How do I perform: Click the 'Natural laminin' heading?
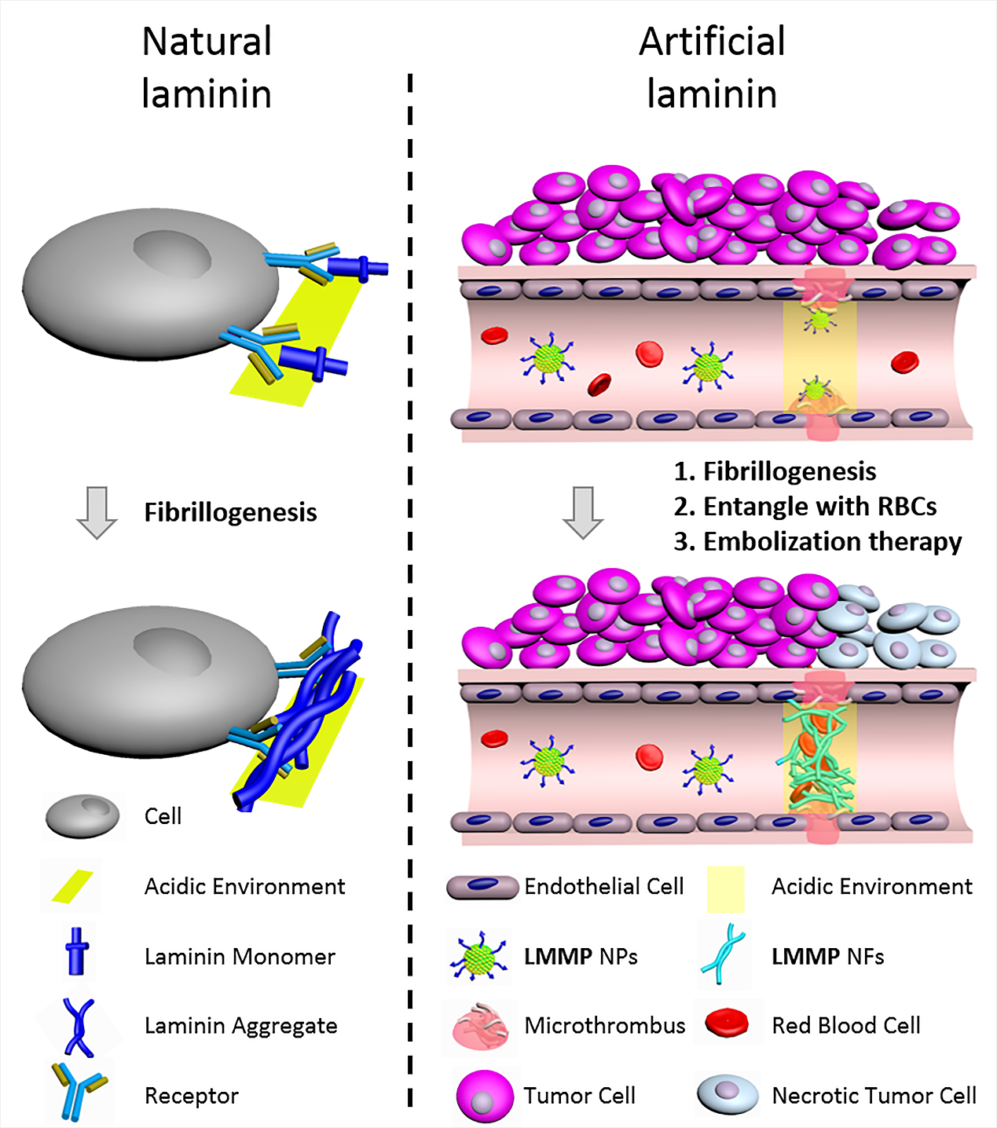207,68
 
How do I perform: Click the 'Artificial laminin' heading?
712,68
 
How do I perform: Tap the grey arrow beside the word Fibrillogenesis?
97,512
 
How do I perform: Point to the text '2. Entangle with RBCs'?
805,507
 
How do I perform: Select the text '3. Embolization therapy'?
817,542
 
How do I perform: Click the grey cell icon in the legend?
82,816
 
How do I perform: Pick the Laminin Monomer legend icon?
77,951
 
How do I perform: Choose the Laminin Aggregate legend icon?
78,1026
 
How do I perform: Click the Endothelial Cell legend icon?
482,887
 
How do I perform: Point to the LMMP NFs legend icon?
723,954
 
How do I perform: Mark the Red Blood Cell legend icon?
726,1023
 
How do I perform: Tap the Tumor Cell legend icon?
484,1095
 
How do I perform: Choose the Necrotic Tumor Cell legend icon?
728,1095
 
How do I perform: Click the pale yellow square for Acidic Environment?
725,888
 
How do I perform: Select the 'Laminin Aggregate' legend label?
240,1026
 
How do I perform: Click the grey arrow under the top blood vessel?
583,512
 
